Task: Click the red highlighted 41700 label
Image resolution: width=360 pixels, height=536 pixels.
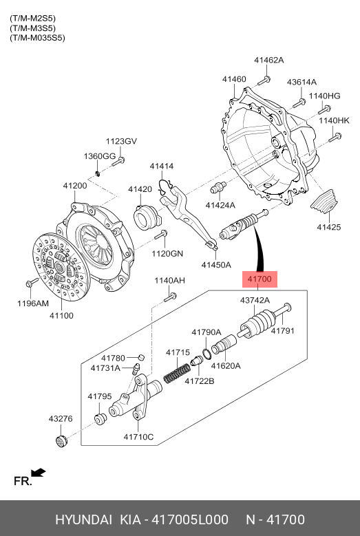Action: (x=260, y=279)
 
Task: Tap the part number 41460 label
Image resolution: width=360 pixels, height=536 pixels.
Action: (x=234, y=79)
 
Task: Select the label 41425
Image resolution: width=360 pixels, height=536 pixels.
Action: (x=329, y=227)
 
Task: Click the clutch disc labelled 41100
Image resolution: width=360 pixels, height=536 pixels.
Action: (x=61, y=267)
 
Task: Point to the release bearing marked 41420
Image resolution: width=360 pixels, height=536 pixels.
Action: (x=146, y=217)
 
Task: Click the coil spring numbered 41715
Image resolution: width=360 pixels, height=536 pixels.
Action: (x=177, y=374)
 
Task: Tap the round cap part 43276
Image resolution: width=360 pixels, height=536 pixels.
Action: (x=61, y=440)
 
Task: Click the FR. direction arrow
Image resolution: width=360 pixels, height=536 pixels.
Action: (x=39, y=473)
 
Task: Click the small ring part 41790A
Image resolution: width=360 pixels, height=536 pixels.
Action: (x=207, y=354)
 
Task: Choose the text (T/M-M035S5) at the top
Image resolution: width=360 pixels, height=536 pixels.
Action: (x=37, y=38)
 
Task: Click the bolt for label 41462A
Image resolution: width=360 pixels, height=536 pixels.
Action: (x=264, y=81)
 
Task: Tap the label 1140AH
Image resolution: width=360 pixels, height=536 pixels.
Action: (x=169, y=281)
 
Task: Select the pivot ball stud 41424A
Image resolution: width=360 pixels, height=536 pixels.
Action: (x=218, y=187)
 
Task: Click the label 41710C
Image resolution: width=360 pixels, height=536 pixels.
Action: (x=138, y=437)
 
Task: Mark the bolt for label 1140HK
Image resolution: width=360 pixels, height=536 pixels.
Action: (x=335, y=138)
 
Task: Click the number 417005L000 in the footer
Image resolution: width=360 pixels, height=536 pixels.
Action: (x=190, y=519)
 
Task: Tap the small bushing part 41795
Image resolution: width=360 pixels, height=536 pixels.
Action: (x=100, y=419)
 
